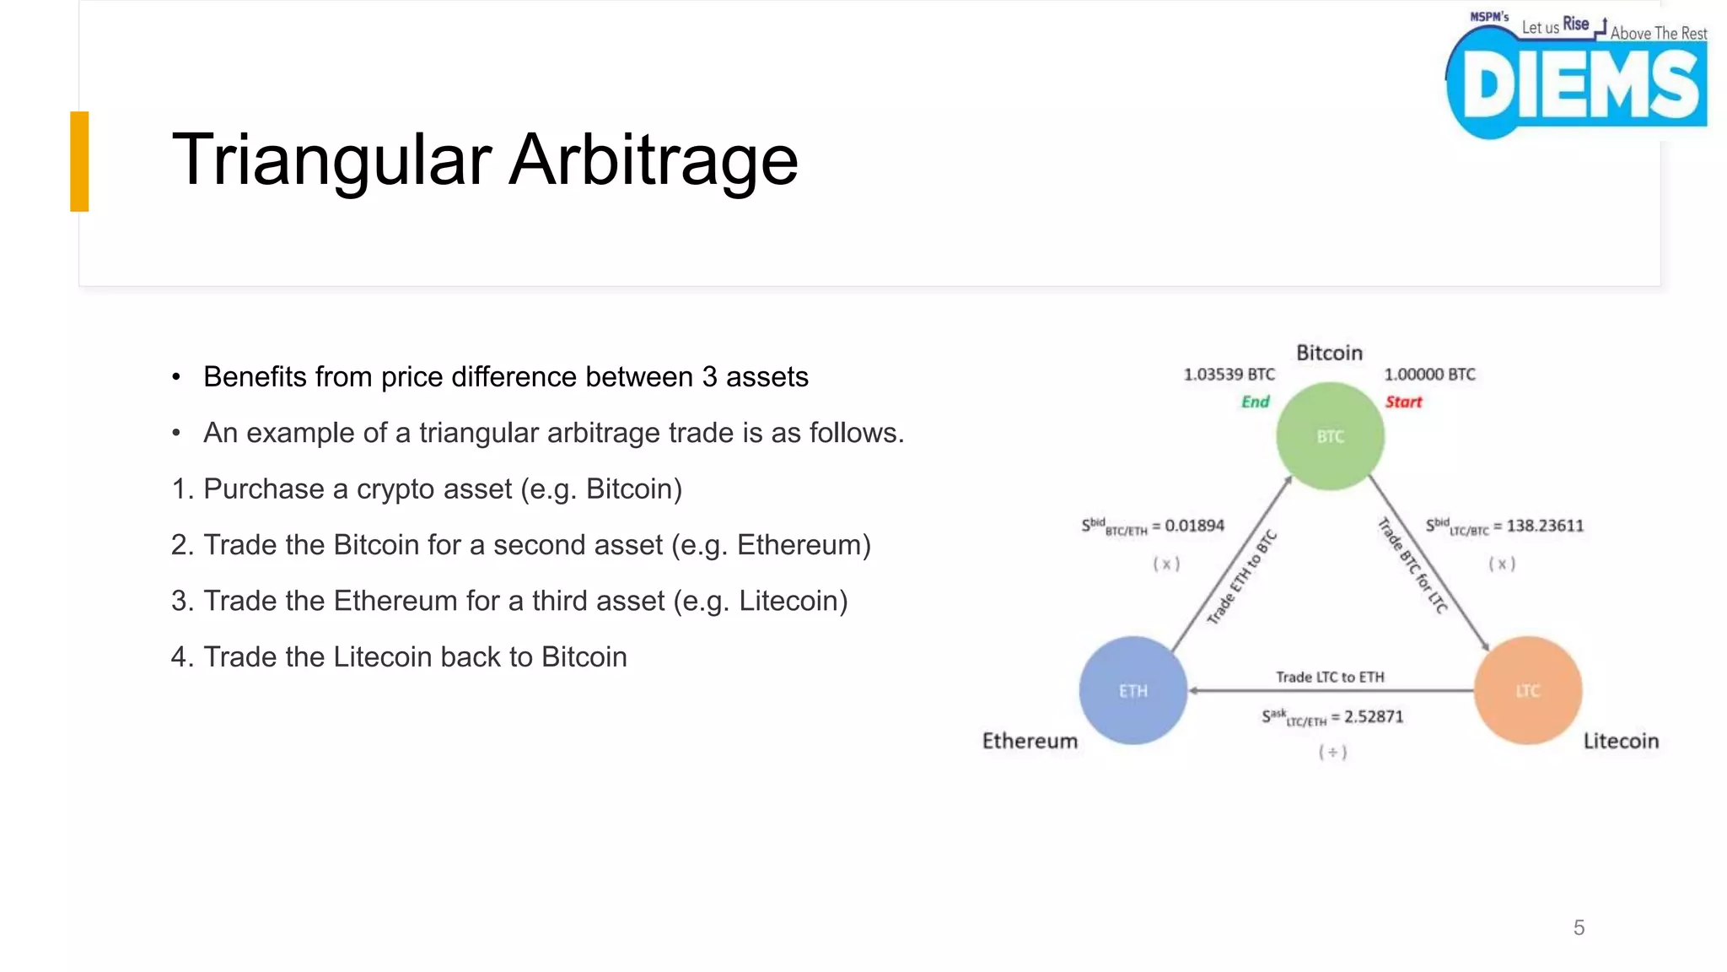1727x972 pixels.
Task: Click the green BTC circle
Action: click(x=1330, y=436)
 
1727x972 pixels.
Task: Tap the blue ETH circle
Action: click(x=1133, y=690)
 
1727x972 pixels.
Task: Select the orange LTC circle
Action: click(x=1527, y=690)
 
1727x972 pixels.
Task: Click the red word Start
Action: click(x=1403, y=402)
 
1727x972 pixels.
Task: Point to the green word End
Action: click(x=1255, y=402)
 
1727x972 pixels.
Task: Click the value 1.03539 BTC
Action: click(x=1229, y=375)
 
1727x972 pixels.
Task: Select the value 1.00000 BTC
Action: click(x=1429, y=375)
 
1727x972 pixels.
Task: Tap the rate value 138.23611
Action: click(x=1545, y=526)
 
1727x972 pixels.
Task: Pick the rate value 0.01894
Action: click(x=1194, y=526)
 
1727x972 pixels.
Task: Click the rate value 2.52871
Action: click(x=1374, y=716)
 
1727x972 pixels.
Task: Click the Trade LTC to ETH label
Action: click(x=1330, y=677)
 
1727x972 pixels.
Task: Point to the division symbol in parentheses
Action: click(x=1332, y=752)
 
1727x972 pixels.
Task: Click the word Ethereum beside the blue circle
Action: click(x=1030, y=741)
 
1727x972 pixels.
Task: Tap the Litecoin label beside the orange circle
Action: click(x=1620, y=741)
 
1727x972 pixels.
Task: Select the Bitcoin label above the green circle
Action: click(x=1329, y=353)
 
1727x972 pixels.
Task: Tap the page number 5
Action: click(x=1579, y=927)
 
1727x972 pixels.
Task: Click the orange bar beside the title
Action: click(x=79, y=161)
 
